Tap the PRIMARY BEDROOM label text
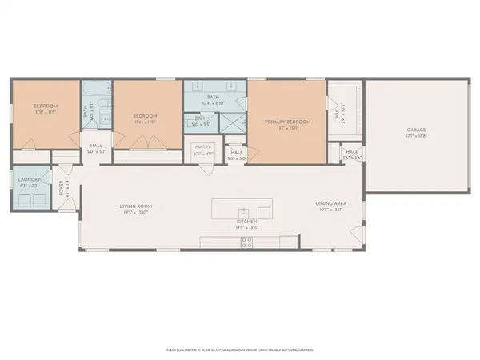286,120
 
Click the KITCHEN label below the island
246,222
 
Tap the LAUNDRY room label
29,180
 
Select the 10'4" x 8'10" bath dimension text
214,103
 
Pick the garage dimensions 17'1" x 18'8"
417,136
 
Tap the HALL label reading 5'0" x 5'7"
96,147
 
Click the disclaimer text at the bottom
239,350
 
